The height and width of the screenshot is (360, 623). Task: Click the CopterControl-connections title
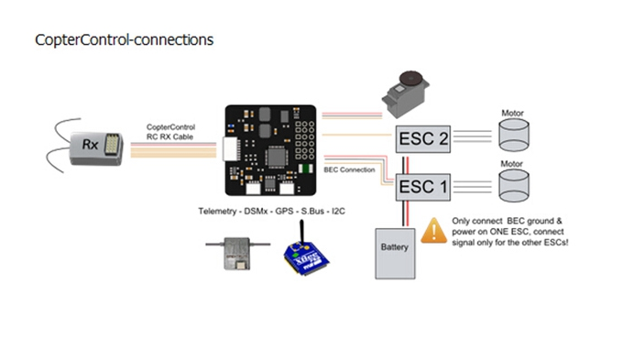tap(124, 39)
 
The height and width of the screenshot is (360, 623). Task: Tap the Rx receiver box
tap(96, 148)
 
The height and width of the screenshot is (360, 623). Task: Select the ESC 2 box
tap(423, 139)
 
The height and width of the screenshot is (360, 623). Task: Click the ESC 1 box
tap(423, 187)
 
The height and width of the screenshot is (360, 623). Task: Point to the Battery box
tap(395, 254)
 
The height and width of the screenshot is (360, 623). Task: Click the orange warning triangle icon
tap(434, 231)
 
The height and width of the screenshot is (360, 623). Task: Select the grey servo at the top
tap(405, 94)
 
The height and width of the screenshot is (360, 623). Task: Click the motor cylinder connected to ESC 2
tap(514, 135)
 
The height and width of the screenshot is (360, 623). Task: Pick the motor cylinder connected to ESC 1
tap(514, 186)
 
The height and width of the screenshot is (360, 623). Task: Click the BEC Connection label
tap(349, 169)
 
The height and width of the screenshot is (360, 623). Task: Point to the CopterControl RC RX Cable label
tap(170, 132)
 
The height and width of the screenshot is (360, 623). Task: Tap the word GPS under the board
tap(284, 211)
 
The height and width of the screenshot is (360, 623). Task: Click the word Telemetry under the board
tap(217, 211)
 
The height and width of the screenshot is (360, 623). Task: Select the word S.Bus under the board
tap(312, 211)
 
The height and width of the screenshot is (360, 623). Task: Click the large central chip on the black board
tap(276, 157)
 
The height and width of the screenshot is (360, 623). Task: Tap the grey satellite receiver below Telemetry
tap(237, 254)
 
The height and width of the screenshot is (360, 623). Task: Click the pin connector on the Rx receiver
tap(113, 144)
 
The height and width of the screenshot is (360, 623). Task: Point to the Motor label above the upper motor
tap(512, 114)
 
